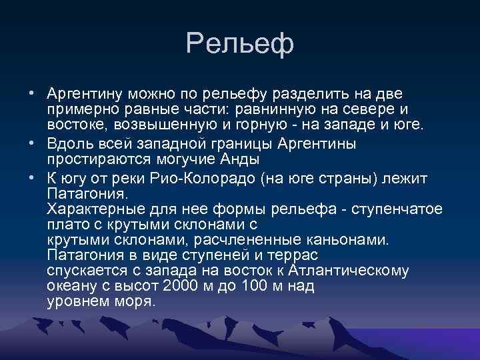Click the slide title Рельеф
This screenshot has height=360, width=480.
coord(240,44)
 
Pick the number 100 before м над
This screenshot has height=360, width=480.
coord(251,286)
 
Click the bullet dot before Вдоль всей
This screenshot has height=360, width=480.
coord(32,145)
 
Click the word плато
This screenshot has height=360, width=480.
coord(65,225)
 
